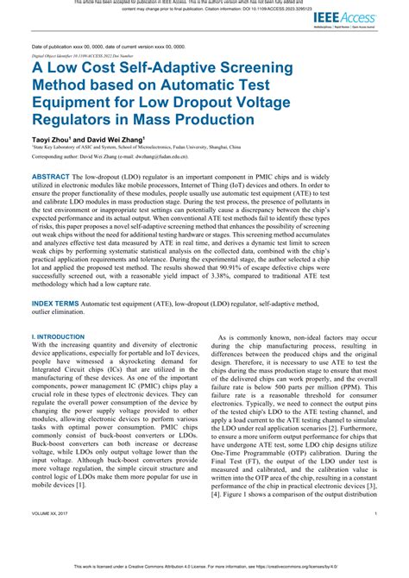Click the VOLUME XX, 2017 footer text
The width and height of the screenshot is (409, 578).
pos(53,536)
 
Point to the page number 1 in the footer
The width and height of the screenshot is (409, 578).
pos(376,536)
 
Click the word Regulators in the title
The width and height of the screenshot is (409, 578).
pos(79,105)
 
